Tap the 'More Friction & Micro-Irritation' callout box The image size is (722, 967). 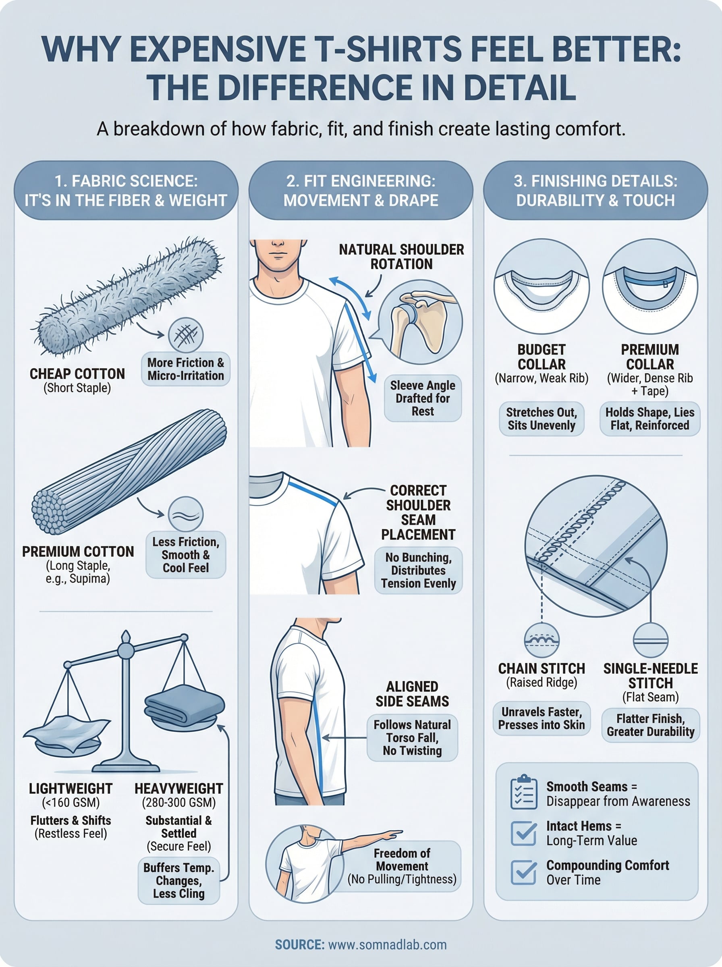pyautogui.click(x=185, y=369)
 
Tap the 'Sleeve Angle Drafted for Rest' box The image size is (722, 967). pyautogui.click(x=422, y=398)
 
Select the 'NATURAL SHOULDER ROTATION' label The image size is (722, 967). pyautogui.click(x=401, y=257)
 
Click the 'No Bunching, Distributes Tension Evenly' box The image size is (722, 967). pyautogui.click(x=418, y=570)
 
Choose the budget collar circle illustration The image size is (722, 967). pyautogui.click(x=541, y=286)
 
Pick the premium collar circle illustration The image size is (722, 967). pyautogui.click(x=649, y=286)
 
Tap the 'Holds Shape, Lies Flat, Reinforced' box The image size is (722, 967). pyautogui.click(x=649, y=419)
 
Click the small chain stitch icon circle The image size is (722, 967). pyautogui.click(x=541, y=640)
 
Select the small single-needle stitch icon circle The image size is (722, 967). pyautogui.click(x=650, y=640)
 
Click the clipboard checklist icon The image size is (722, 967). pyautogui.click(x=524, y=792)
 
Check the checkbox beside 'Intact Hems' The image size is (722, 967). pyautogui.click(x=524, y=832)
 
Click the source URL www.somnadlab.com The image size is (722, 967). pyautogui.click(x=387, y=945)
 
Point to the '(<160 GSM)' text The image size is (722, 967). pyautogui.click(x=71, y=803)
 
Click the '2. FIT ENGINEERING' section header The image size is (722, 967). pyautogui.click(x=361, y=191)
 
